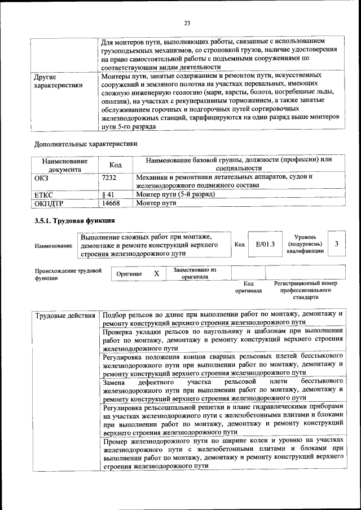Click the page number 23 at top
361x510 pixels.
[187, 23]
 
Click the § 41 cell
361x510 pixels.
[108, 194]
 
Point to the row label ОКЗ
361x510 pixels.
[43, 177]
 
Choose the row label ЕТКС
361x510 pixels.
[44, 194]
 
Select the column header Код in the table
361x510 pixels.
[116, 165]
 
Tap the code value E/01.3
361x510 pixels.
[265, 244]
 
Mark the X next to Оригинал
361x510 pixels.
[157, 273]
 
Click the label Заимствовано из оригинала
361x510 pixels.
[195, 273]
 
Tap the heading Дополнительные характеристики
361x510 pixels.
[86, 144]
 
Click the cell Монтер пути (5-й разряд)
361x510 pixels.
[175, 194]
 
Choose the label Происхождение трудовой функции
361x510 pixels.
[68, 274]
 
